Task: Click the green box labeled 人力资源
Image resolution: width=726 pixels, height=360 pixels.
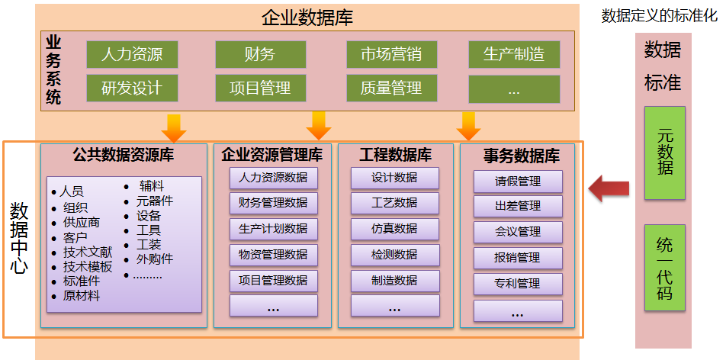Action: [132, 55]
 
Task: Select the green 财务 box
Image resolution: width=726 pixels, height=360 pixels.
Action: [260, 55]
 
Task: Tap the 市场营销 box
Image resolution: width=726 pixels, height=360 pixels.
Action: [391, 55]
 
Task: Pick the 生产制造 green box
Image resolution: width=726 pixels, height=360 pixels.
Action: [514, 55]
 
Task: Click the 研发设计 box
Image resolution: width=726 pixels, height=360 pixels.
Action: [132, 88]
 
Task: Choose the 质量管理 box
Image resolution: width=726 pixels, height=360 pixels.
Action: [391, 88]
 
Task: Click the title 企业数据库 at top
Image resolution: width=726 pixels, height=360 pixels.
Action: [307, 18]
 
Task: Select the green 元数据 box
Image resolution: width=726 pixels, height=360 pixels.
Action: [665, 153]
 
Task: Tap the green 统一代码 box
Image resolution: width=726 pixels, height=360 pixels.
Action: [665, 268]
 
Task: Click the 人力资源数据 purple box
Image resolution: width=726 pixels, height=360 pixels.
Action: [273, 178]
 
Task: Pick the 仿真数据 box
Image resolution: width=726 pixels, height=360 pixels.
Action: [394, 229]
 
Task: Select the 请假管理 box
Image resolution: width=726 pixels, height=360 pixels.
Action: [518, 182]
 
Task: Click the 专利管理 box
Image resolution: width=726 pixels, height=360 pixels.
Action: [518, 284]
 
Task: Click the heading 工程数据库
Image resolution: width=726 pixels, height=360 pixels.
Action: [395, 155]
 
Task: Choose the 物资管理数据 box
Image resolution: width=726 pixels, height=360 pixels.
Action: [273, 255]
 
